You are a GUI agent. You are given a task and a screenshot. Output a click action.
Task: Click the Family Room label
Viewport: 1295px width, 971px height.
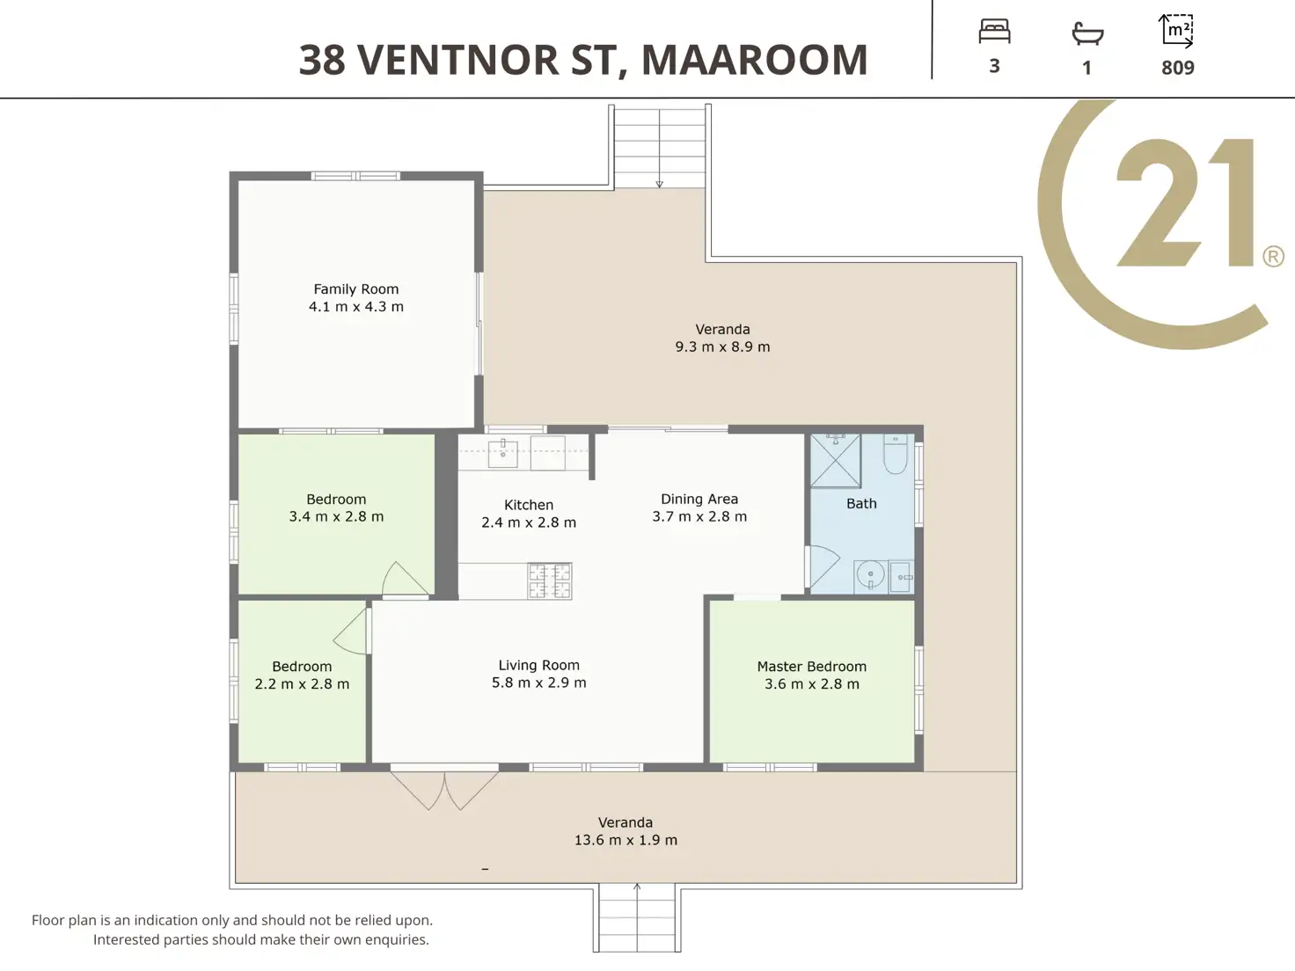point(355,288)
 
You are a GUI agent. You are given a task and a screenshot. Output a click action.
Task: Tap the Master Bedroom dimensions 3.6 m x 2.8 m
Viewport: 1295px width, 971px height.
point(812,684)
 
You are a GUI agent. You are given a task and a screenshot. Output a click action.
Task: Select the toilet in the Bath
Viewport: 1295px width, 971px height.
point(896,455)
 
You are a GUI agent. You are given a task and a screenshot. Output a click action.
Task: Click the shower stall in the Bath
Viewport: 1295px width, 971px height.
point(836,461)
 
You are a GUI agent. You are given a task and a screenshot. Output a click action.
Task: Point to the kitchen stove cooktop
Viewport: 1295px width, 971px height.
point(550,581)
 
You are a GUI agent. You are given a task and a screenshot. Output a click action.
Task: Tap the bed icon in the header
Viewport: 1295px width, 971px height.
point(995,32)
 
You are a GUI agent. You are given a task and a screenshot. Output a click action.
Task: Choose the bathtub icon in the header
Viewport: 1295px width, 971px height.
point(1087,33)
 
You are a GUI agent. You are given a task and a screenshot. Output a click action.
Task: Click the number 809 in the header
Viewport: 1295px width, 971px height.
point(1178,68)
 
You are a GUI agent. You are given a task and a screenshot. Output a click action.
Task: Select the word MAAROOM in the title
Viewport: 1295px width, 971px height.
point(755,60)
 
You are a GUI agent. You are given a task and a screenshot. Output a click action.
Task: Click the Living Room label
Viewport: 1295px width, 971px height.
point(538,665)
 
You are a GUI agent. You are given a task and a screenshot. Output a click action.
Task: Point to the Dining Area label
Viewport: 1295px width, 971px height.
point(699,499)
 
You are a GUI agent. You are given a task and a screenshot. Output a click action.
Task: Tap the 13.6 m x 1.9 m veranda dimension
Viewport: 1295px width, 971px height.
point(626,840)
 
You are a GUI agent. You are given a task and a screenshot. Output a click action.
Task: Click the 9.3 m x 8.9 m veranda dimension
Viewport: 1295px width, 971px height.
point(723,347)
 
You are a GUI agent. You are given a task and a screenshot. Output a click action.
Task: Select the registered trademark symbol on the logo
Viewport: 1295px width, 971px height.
point(1273,257)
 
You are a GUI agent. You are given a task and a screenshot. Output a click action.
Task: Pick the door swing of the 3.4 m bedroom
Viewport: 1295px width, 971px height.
point(406,579)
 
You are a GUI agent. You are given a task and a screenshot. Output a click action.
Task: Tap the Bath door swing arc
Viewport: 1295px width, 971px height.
point(823,568)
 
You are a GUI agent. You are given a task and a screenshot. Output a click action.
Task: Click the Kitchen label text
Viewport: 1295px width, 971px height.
point(529,505)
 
